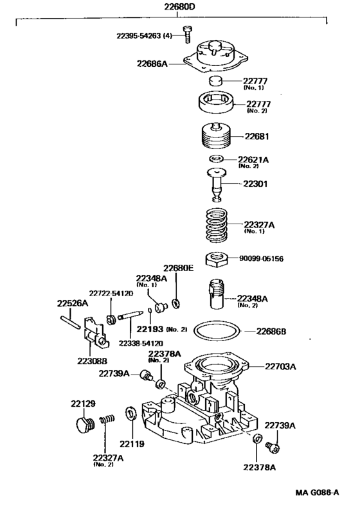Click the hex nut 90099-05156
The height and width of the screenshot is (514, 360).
[217, 259]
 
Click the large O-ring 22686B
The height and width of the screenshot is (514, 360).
[218, 332]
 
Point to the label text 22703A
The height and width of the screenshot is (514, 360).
[280, 367]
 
